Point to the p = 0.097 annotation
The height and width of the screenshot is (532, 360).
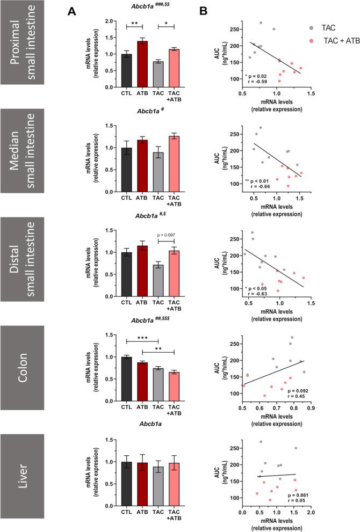click(x=167, y=235)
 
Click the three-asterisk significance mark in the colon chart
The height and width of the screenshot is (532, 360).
click(x=142, y=339)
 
